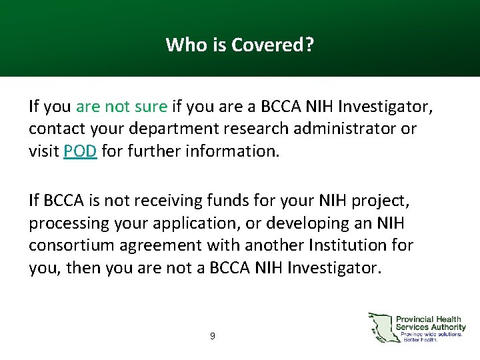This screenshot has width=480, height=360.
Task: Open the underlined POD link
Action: [80, 151]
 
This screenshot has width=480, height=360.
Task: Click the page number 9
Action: [212, 337]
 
